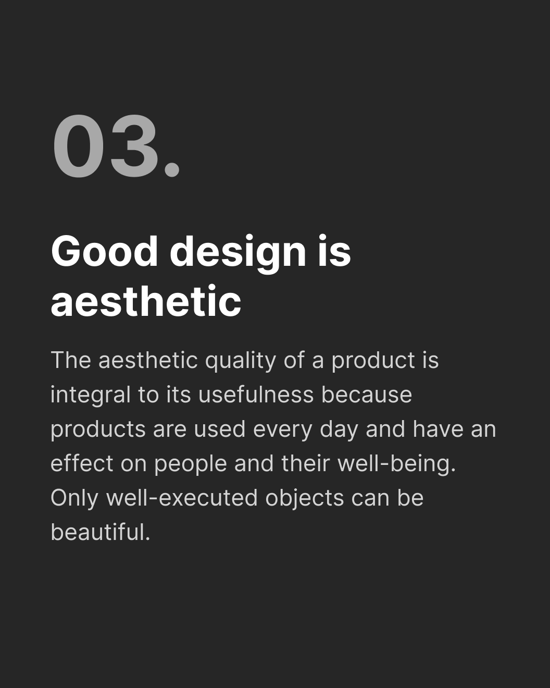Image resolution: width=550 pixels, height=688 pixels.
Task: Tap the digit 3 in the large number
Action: [133, 148]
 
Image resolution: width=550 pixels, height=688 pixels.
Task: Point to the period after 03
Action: [172, 170]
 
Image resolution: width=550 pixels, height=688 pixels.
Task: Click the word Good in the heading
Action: [104, 251]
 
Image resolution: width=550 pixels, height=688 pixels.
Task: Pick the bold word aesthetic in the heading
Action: [146, 302]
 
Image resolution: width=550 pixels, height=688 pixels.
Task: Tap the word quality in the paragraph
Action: [240, 361]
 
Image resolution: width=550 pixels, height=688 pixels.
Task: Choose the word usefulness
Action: [256, 395]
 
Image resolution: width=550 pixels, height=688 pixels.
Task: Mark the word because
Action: [367, 395]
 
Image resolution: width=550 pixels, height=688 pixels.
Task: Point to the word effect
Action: [82, 463]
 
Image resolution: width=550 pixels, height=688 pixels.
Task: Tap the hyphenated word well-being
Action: [396, 464]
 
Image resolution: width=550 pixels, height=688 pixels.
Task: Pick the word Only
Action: [74, 498]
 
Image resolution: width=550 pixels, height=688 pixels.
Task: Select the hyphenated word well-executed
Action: [182, 498]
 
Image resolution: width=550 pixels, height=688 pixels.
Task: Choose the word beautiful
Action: [100, 532]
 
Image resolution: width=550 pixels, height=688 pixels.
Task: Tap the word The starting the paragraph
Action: [71, 360]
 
